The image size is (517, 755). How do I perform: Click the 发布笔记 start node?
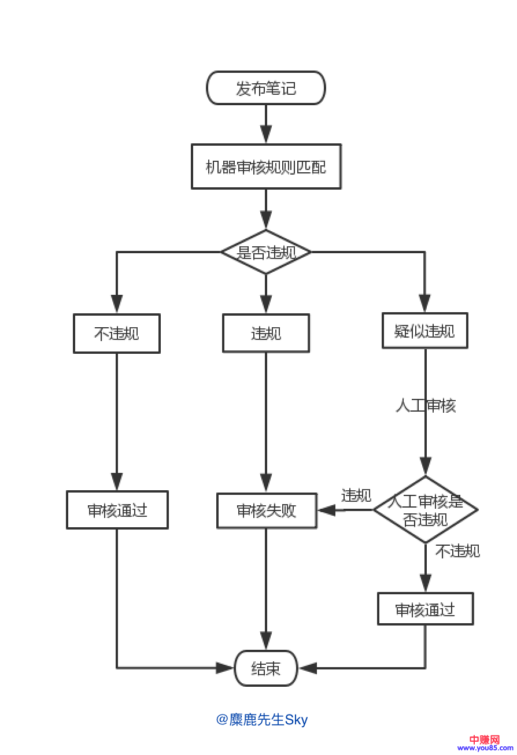[266, 88]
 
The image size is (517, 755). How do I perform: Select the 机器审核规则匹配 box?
[266, 166]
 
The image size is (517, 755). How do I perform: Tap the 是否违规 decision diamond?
[266, 252]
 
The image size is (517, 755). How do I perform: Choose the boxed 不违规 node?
[117, 334]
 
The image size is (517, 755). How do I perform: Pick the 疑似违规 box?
[424, 331]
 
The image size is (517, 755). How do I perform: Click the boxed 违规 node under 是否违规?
[266, 334]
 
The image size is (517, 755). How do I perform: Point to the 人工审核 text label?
[426, 406]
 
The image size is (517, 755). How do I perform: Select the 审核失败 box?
[267, 510]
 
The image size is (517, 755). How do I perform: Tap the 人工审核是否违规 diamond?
[426, 510]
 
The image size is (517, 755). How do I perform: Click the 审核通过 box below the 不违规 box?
[117, 510]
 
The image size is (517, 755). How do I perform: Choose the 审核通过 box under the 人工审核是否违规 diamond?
[425, 609]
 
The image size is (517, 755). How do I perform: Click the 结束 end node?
[266, 668]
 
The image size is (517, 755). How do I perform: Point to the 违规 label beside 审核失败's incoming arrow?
[356, 495]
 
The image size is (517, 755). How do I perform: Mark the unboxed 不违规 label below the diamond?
[457, 551]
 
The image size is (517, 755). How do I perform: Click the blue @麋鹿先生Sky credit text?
[262, 720]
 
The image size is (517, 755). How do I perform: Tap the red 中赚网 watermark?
[484, 740]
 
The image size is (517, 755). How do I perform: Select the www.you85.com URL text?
[485, 749]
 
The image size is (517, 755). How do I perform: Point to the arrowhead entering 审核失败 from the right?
[327, 510]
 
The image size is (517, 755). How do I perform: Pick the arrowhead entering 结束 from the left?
[225, 668]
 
